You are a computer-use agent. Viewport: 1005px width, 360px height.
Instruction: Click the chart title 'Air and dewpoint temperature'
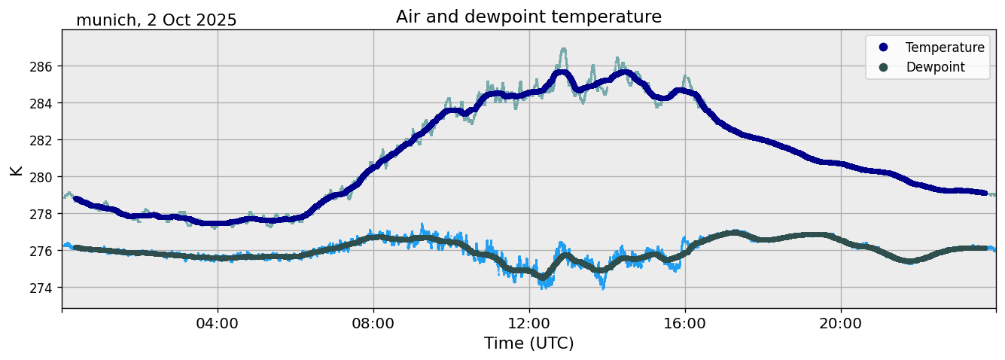[x=528, y=17]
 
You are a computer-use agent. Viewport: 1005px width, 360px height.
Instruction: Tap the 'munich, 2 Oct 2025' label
[x=157, y=20]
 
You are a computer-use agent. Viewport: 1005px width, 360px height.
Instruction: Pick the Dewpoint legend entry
[x=935, y=67]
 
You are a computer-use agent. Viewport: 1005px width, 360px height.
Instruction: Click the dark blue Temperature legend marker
[x=883, y=47]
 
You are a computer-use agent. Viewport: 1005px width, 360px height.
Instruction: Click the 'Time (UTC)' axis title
[x=528, y=343]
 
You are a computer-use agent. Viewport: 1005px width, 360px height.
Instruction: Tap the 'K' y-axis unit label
[x=16, y=169]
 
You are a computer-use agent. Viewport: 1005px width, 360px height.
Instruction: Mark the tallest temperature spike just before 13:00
[x=563, y=50]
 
